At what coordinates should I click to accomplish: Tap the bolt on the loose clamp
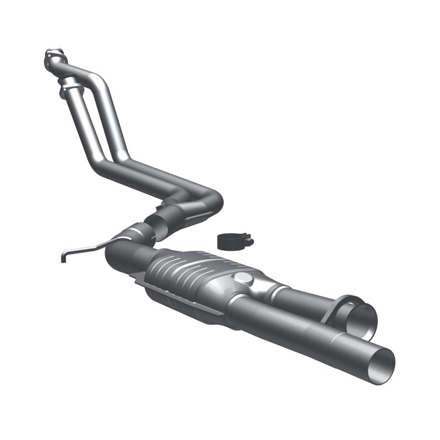pos(249,240)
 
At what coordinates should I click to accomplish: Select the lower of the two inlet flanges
pos(68,85)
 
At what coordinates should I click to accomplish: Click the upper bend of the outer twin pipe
pos(99,77)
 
